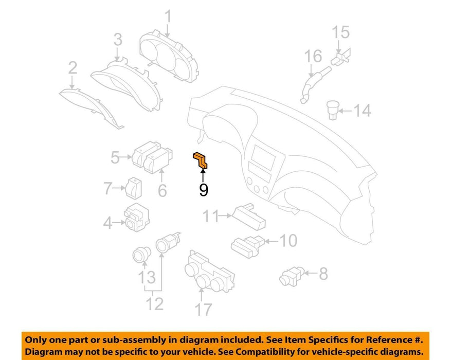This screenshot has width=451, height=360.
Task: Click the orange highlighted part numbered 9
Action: pyautogui.click(x=200, y=160)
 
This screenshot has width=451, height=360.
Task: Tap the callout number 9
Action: pyautogui.click(x=204, y=189)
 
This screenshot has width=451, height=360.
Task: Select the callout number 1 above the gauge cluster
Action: pyautogui.click(x=168, y=16)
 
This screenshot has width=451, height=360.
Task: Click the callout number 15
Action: pyautogui.click(x=341, y=32)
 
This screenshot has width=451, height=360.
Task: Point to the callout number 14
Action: pyautogui.click(x=362, y=111)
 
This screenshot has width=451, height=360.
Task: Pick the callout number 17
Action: pyautogui.click(x=203, y=310)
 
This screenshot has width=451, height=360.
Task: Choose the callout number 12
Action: pyautogui.click(x=155, y=303)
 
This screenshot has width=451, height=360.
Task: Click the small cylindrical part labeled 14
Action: pyautogui.click(x=333, y=110)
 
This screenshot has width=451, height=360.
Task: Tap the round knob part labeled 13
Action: pyautogui.click(x=141, y=255)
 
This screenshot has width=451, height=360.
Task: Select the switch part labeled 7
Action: pyautogui.click(x=134, y=188)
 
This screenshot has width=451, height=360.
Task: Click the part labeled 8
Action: pyautogui.click(x=292, y=276)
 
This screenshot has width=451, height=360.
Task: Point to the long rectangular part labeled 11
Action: pyautogui.click(x=249, y=217)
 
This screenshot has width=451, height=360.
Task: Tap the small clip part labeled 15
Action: pyautogui.click(x=341, y=58)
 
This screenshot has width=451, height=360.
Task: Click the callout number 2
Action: pyautogui.click(x=73, y=68)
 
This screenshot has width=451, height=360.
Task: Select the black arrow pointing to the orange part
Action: pyautogui.click(x=203, y=175)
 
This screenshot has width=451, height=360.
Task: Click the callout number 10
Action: pyautogui.click(x=288, y=240)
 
